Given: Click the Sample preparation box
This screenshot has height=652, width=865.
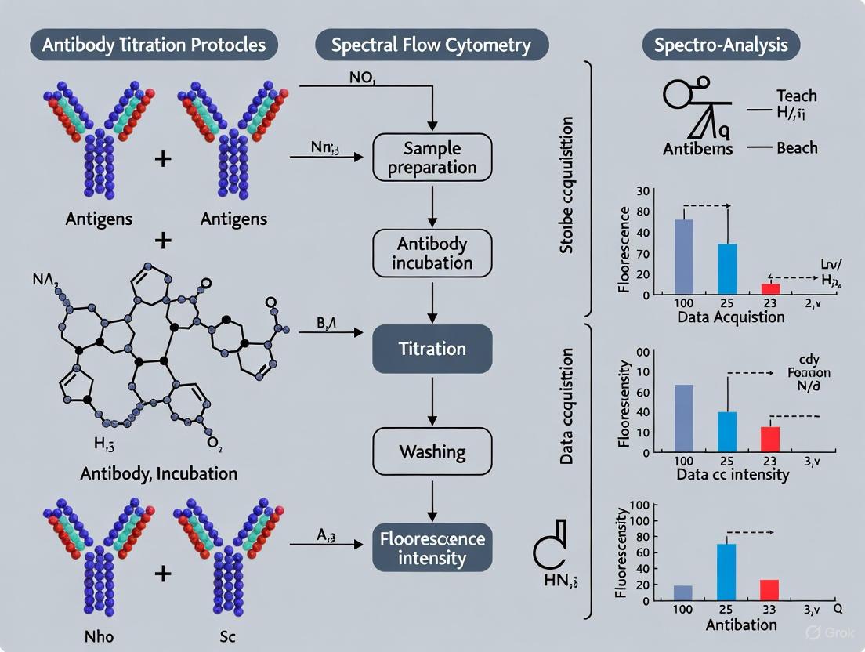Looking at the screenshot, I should (432, 157).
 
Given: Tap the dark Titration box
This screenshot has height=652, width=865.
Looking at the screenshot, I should (432, 350).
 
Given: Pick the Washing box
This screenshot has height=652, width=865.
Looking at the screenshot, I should (432, 452).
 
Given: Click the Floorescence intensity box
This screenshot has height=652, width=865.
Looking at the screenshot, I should (432, 548).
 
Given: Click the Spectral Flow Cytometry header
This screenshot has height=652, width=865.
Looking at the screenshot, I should (431, 45).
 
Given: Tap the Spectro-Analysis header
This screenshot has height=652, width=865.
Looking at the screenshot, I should (721, 45).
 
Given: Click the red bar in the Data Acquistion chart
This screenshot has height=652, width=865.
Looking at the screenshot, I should (771, 289).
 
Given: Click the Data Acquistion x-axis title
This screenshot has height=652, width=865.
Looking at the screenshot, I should (732, 317).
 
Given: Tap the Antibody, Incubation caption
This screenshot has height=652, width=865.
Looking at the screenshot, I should (159, 474).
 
